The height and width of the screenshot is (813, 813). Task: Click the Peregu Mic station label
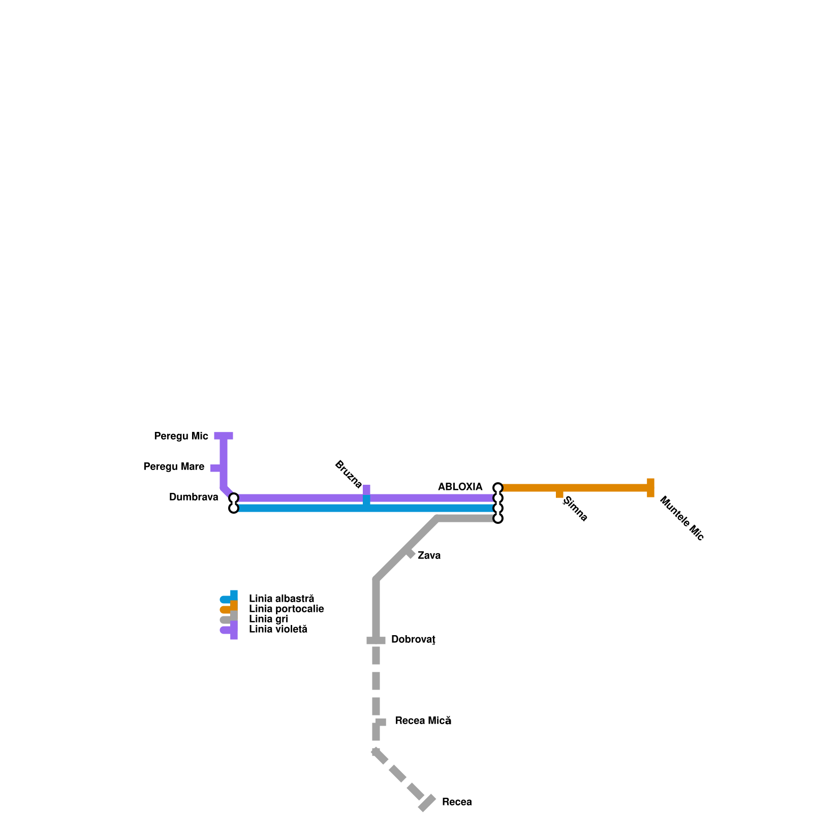[x=181, y=436]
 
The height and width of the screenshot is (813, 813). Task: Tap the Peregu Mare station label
[x=174, y=467]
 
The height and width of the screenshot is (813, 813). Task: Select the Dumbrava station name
[x=194, y=497]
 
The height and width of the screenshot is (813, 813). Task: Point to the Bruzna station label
[x=349, y=474]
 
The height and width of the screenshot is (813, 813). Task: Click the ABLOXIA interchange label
[x=460, y=487]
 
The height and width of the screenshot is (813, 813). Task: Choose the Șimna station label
[x=576, y=509]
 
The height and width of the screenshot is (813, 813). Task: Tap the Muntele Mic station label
[x=681, y=518]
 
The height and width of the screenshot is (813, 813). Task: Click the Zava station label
[x=429, y=556]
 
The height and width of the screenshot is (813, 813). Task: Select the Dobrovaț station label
[x=413, y=640]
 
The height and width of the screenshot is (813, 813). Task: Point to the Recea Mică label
[x=423, y=721]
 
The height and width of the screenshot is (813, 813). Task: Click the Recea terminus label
[x=457, y=802]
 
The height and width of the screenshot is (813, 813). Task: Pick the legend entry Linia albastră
[x=282, y=599]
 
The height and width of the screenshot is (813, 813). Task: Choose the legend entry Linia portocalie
[x=286, y=609]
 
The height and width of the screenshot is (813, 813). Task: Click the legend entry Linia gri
[x=268, y=619]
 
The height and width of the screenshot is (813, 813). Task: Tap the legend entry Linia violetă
[x=278, y=630]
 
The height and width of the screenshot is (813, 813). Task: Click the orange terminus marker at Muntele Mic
[x=650, y=488]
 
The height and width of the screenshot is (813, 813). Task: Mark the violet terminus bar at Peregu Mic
[x=224, y=436]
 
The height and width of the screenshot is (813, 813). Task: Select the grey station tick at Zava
[x=410, y=553]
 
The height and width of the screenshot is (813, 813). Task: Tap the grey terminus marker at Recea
[x=427, y=803]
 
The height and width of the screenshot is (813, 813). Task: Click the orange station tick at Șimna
[x=559, y=493]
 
